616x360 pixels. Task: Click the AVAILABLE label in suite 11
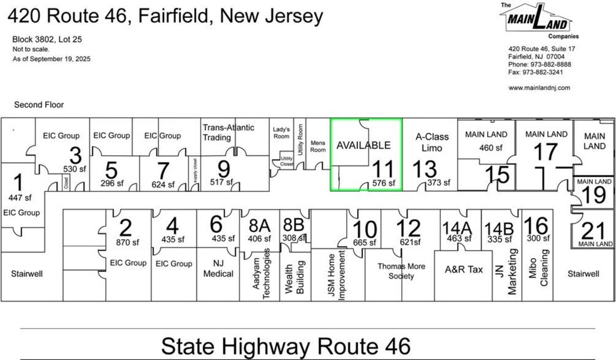(x=363, y=145)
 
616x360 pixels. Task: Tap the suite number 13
(x=424, y=169)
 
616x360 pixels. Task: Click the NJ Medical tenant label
(x=219, y=269)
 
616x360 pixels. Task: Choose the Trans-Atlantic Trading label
(x=228, y=133)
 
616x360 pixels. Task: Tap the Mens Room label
(x=319, y=147)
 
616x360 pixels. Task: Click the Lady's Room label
(x=282, y=132)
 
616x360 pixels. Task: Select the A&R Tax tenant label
(x=464, y=269)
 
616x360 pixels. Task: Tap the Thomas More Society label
(x=401, y=271)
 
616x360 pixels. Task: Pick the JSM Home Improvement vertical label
(x=337, y=275)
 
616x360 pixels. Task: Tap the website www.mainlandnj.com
(x=539, y=88)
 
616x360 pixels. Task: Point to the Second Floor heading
(x=39, y=105)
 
